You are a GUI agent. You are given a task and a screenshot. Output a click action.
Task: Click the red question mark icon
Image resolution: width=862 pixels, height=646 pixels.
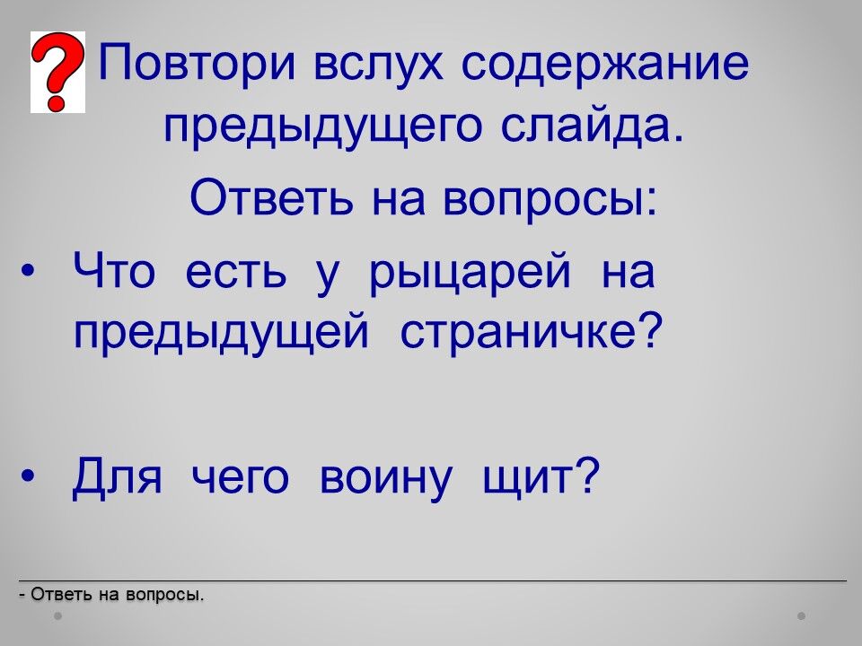pyautogui.click(x=57, y=72)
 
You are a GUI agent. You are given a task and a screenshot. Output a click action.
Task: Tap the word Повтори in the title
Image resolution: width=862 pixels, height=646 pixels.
pyautogui.click(x=198, y=62)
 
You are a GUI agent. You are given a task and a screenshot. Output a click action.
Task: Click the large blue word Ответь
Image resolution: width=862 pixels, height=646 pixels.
pyautogui.click(x=271, y=196)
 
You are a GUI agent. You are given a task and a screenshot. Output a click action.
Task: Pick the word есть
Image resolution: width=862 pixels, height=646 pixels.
pyautogui.click(x=236, y=271)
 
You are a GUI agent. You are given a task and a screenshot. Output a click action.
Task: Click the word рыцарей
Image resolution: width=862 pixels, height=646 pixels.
pyautogui.click(x=470, y=273)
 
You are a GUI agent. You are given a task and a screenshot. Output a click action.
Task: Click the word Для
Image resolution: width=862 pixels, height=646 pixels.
pyautogui.click(x=117, y=476)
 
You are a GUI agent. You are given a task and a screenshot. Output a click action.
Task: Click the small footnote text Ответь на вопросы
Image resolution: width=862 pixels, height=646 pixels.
pyautogui.click(x=111, y=594)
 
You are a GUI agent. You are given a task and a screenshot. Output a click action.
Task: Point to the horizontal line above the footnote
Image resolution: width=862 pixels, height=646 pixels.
pyautogui.click(x=433, y=581)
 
